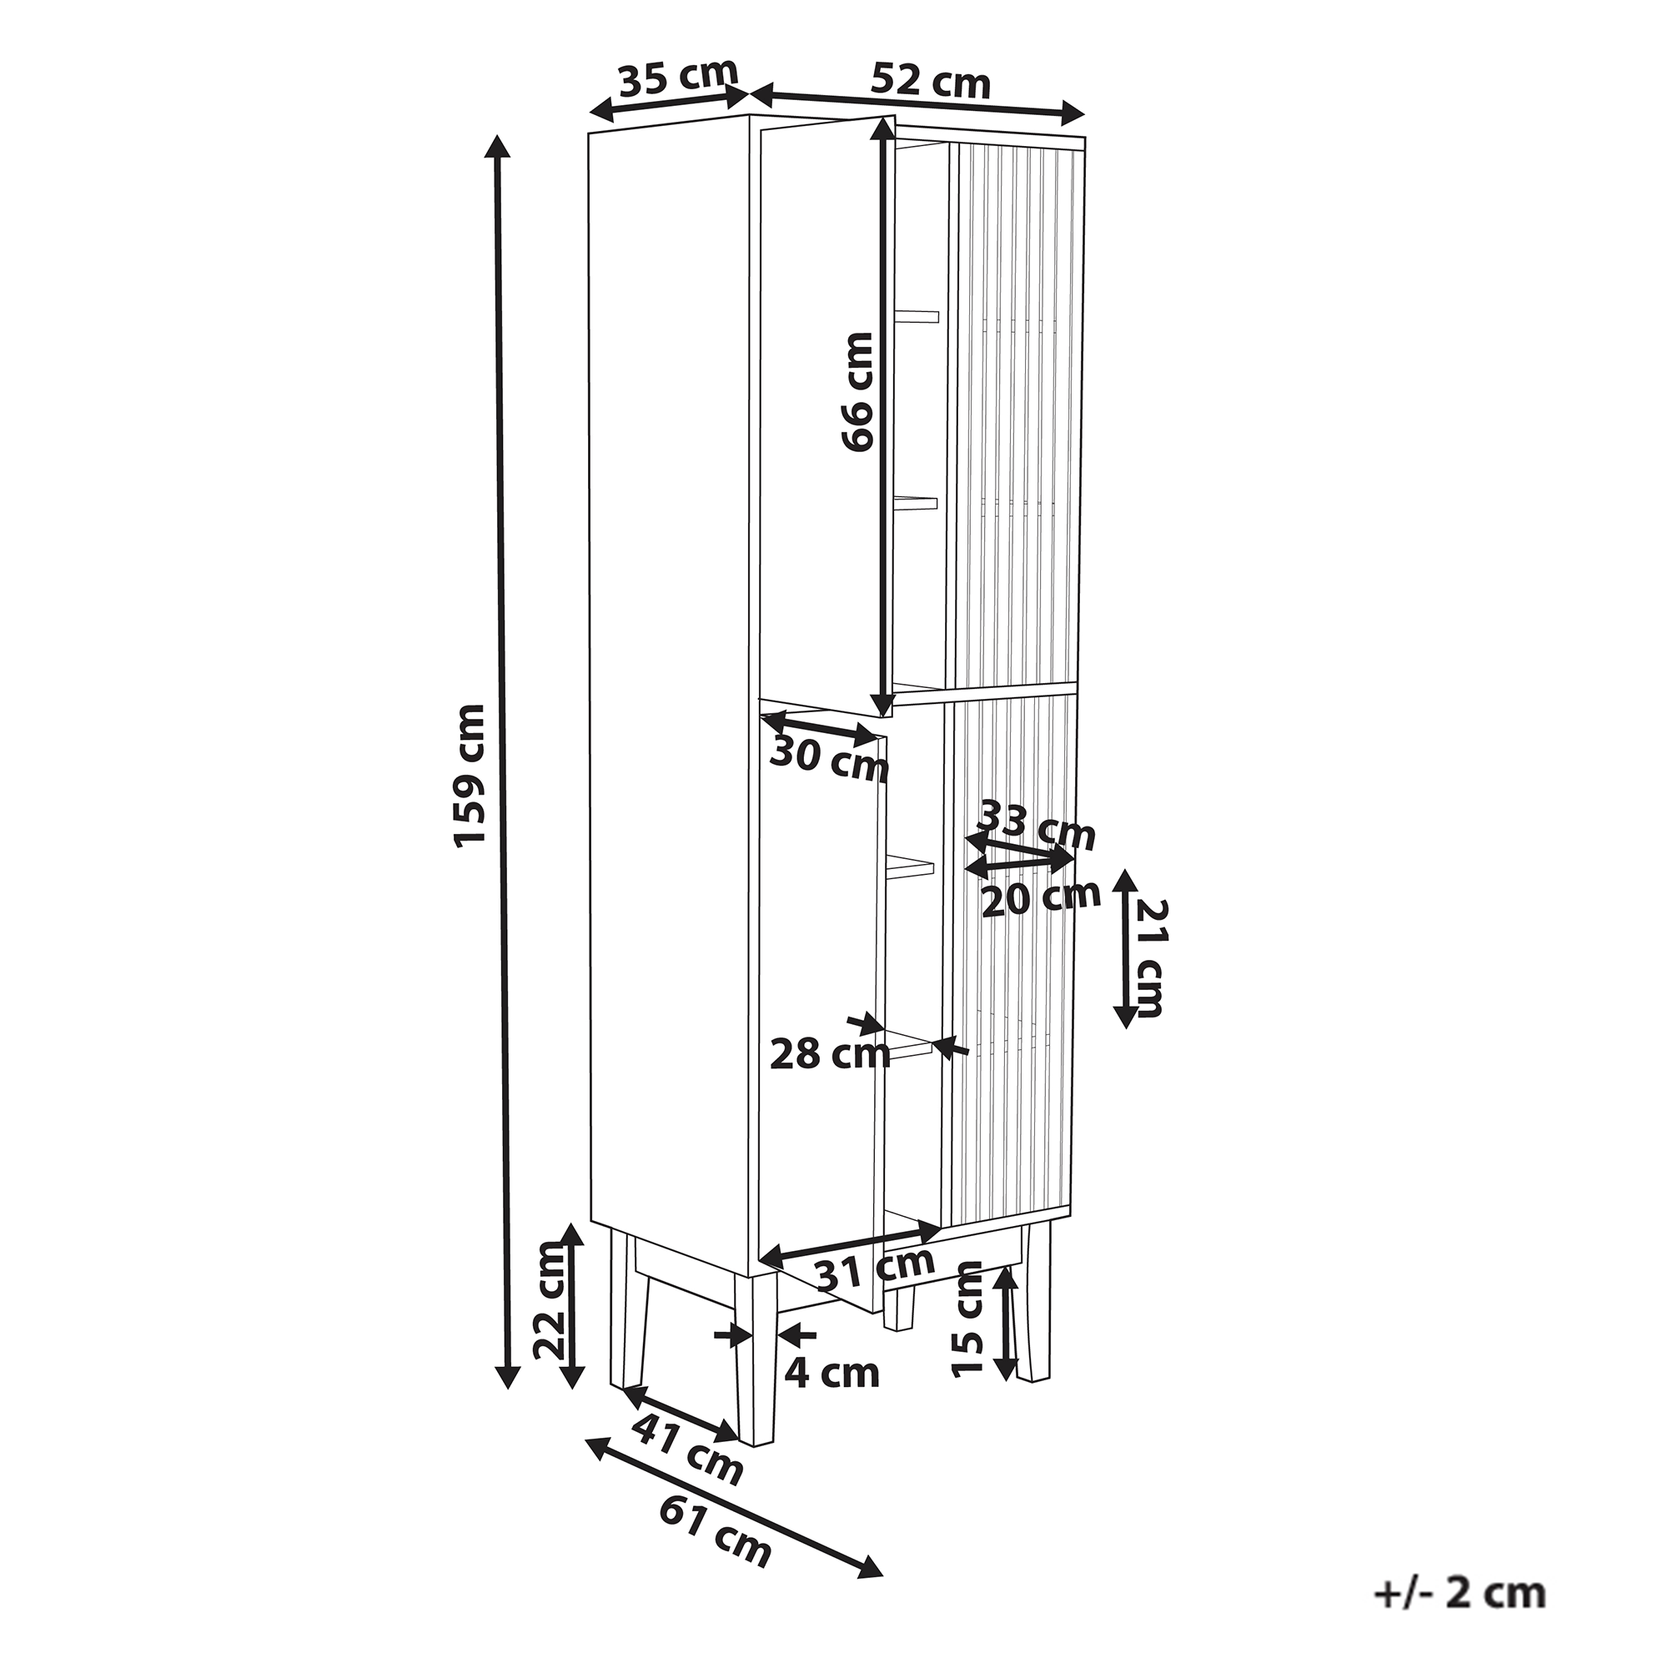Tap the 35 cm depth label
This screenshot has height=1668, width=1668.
pos(679,78)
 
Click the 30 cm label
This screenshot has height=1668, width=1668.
pos(829,760)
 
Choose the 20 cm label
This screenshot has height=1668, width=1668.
pos(1041,898)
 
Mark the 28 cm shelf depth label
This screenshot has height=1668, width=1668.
pos(830,1054)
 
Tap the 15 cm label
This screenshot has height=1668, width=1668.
pos(968,1330)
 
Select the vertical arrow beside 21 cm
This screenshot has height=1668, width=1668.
pos(1124,949)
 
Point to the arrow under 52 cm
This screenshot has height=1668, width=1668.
pos(917,101)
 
